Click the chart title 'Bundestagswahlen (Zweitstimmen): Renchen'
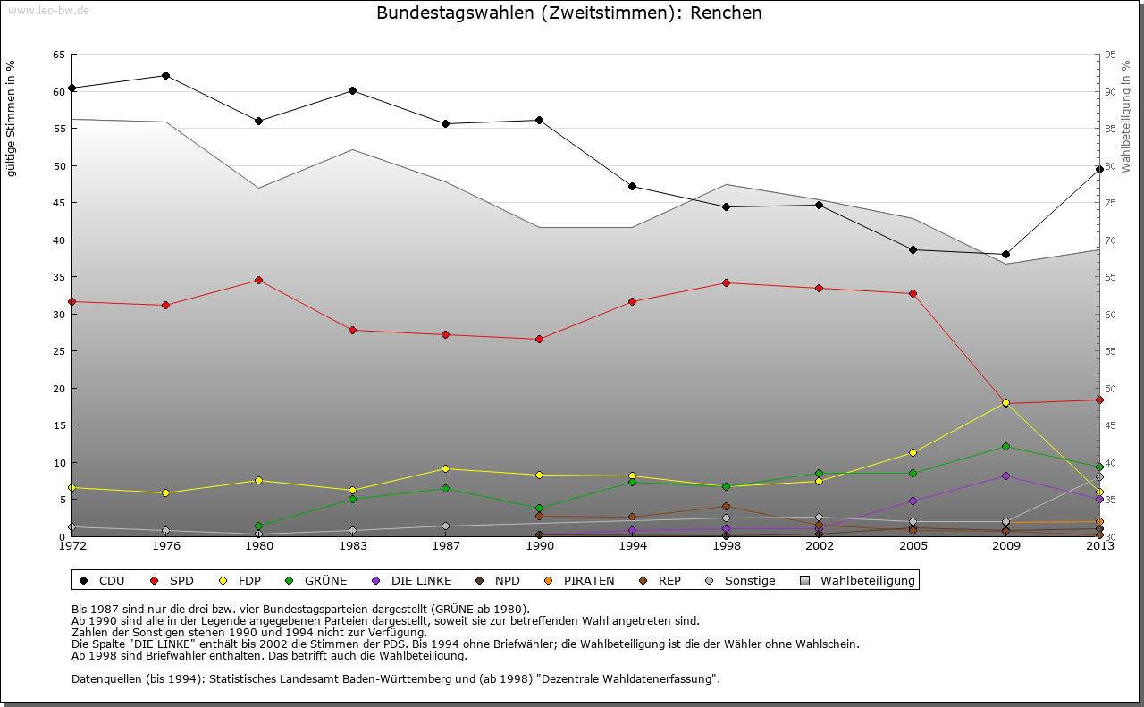click(x=569, y=13)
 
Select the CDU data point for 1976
click(x=165, y=75)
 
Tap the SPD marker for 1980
click(x=258, y=280)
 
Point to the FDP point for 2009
click(x=1005, y=403)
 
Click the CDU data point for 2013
click(x=1099, y=169)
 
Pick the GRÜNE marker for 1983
click(x=352, y=499)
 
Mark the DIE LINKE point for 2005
click(x=913, y=501)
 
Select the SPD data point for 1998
click(x=726, y=282)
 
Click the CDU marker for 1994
click(x=632, y=186)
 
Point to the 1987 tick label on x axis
click(x=446, y=546)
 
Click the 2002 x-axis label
click(x=820, y=546)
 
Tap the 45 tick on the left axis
click(x=58, y=203)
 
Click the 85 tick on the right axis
click(x=1111, y=129)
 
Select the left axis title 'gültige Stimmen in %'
click(x=12, y=118)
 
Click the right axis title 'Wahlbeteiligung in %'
click(x=1126, y=116)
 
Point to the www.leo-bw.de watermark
click(x=48, y=11)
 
